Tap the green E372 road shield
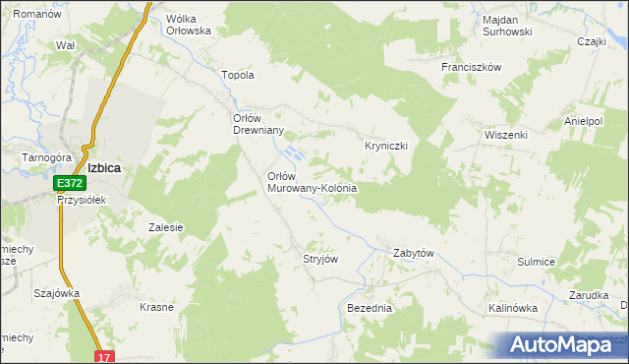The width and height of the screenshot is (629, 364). [68, 184]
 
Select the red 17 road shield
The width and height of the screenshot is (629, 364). [104, 356]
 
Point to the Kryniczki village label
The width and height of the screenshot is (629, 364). [386, 145]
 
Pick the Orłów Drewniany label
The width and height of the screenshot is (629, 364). [257, 125]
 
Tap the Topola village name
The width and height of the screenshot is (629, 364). [240, 75]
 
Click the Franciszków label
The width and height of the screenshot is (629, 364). [472, 67]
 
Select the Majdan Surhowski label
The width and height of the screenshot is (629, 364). [507, 26]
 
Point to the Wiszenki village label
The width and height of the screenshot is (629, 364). [506, 134]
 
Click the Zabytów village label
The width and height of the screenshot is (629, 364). [414, 253]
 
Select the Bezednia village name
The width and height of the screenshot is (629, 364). [370, 308]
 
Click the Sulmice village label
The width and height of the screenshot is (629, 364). [537, 262]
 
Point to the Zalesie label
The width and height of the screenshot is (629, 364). [166, 227]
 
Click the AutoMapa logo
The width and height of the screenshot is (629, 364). [565, 344]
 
